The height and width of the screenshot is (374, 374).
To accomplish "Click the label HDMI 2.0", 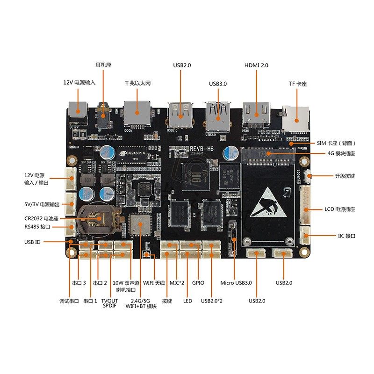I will tap(256, 65).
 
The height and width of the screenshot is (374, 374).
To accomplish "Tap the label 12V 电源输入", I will tap(79, 82).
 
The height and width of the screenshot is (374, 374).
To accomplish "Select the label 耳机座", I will tap(103, 65).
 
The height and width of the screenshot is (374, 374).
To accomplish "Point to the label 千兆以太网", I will tap(137, 83).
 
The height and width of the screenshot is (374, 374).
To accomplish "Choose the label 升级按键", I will tap(345, 176).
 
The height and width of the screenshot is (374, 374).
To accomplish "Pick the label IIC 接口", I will tap(347, 236).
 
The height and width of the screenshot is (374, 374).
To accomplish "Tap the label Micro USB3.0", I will tap(236, 283).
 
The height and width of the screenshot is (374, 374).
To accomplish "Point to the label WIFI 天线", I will tap(154, 283).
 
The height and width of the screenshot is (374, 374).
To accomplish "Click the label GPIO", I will tap(198, 283).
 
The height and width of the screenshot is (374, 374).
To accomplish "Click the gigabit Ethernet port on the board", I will tap(137, 112).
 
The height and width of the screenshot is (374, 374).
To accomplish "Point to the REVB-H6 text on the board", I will tap(202, 149).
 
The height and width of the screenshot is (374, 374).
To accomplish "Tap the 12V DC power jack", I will tap(78, 111).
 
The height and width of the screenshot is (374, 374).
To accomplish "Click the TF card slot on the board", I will tap(296, 115).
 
